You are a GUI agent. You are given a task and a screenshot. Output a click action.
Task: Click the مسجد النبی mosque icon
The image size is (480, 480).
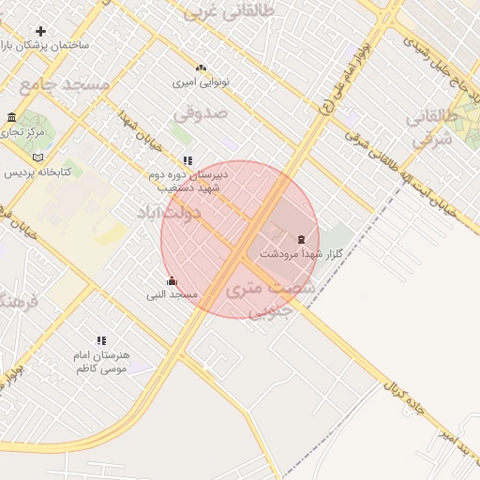tap(171, 280)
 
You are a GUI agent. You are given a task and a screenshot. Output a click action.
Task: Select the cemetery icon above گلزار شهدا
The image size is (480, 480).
tap(301, 239)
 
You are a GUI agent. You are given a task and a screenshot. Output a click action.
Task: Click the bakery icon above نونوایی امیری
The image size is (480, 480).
tap(200, 67)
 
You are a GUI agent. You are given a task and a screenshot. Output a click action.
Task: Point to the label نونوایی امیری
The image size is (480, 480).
tap(200, 82)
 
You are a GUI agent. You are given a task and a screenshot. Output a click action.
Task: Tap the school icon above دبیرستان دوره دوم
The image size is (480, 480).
tap(187, 160)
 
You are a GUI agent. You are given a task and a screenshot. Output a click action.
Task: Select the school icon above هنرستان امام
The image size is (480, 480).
tap(101, 340)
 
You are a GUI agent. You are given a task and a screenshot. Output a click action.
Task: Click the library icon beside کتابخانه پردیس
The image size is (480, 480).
tap(37, 157)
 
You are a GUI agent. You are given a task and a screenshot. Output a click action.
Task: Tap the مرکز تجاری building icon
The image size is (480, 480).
tap(11, 117)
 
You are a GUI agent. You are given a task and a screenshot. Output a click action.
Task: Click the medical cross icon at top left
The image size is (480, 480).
tap(40, 31)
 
